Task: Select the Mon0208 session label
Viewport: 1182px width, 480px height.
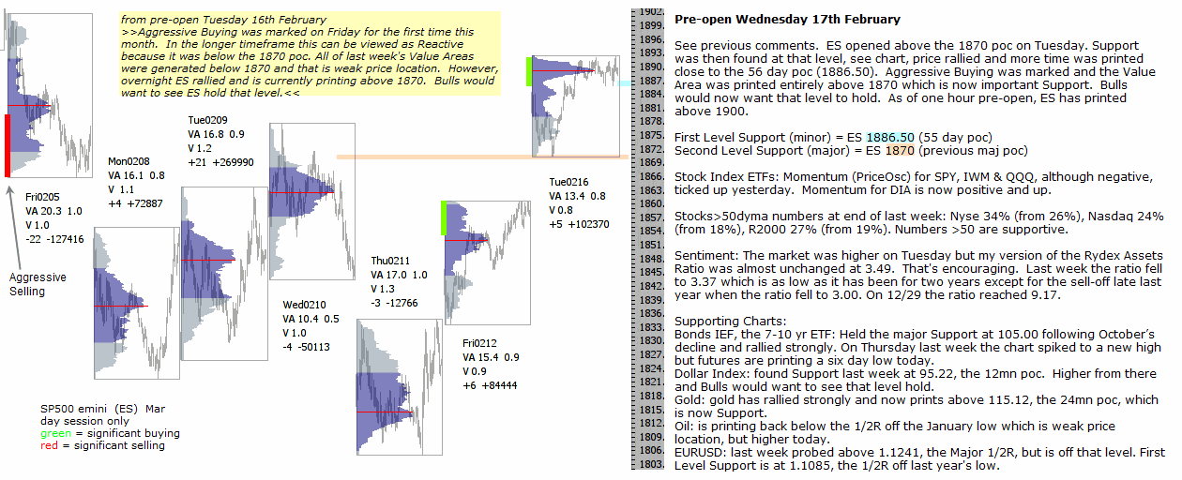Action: point(129,161)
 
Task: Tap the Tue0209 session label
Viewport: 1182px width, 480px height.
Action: point(207,120)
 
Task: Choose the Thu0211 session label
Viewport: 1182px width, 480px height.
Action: point(390,262)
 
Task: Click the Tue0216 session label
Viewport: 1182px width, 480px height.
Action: point(569,183)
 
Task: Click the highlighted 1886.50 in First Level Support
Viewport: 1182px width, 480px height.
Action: point(889,138)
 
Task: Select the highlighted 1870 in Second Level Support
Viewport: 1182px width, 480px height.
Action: point(899,150)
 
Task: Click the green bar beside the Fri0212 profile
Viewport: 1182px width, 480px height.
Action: point(442,217)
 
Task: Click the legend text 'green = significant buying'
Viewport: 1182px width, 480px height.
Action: point(110,433)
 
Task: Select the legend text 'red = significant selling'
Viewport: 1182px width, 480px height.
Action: point(102,445)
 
